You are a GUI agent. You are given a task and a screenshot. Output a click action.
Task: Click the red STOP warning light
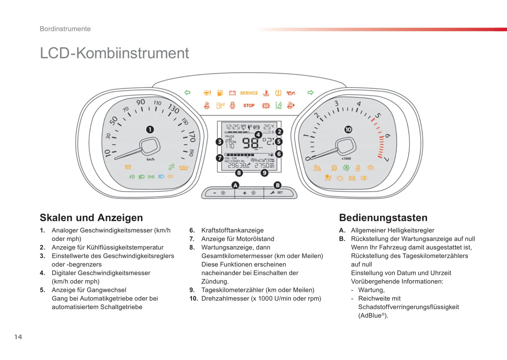click(249, 105)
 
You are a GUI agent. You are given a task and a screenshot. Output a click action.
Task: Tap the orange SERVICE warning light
click(249, 93)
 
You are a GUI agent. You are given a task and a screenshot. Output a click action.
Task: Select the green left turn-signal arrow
click(187, 93)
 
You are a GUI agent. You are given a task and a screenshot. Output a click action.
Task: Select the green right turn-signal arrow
click(310, 93)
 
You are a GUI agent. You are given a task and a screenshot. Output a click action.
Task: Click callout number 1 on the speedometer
click(150, 129)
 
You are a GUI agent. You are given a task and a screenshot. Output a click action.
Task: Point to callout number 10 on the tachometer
click(348, 129)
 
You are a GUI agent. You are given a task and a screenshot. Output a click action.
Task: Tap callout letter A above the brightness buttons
click(235, 185)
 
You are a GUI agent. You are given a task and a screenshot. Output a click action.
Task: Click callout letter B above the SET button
click(278, 185)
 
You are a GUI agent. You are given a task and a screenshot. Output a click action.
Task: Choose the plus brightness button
click(249, 193)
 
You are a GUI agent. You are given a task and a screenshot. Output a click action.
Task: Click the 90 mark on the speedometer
click(141, 102)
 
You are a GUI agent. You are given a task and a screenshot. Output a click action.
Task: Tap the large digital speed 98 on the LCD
click(251, 143)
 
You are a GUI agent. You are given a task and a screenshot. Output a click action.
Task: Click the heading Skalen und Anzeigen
click(91, 218)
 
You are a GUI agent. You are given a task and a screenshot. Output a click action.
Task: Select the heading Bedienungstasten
click(383, 218)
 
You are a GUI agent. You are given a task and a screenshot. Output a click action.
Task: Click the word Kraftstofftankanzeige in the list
click(232, 230)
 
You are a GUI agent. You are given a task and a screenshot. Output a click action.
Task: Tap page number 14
click(18, 337)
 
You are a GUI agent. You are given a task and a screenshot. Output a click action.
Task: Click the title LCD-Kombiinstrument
click(114, 53)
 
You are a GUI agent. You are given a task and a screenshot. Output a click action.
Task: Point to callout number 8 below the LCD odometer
click(239, 173)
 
